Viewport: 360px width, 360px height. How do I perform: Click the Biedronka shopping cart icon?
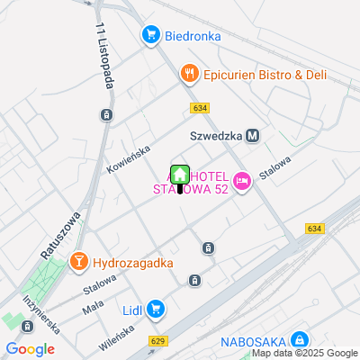point(150,36)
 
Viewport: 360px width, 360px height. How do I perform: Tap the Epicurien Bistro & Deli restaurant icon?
point(189,74)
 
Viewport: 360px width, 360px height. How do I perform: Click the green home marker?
point(179,174)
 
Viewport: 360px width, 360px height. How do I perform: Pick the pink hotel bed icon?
point(241,182)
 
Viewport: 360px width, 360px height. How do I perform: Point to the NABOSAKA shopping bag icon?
point(300,340)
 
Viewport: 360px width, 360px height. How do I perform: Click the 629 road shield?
point(158,340)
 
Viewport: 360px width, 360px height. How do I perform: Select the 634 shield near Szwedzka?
point(200,108)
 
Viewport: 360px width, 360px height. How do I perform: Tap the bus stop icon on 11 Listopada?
point(107,114)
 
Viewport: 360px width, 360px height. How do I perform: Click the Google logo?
point(30,349)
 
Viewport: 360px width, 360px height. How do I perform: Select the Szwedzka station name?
point(217,136)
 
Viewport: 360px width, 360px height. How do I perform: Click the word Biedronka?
point(193,36)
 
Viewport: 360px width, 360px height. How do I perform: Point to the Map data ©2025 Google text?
point(304,354)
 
